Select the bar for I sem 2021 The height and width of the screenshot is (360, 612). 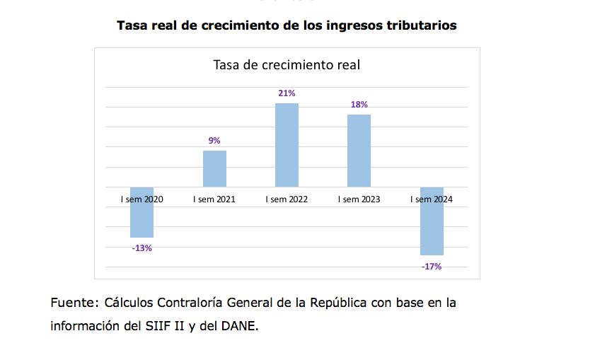tap(214, 169)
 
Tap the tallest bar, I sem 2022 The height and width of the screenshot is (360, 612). tap(287, 145)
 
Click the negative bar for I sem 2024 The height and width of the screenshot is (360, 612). tap(432, 226)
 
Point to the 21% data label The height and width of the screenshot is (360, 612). tap(287, 93)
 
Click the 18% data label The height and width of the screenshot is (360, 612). tap(359, 105)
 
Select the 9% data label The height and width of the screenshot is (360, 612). tap(214, 141)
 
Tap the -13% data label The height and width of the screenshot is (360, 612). tap(142, 248)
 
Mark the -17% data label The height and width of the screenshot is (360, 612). tap(432, 267)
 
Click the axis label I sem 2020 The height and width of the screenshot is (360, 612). tap(142, 199)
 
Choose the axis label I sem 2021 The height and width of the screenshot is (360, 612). tap(214, 199)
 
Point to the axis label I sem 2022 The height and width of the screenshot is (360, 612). tap(287, 199)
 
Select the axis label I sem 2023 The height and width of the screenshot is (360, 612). tap(359, 199)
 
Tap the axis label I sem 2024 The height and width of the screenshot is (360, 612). tap(432, 199)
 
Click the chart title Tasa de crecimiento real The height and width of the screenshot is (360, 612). tap(287, 65)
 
